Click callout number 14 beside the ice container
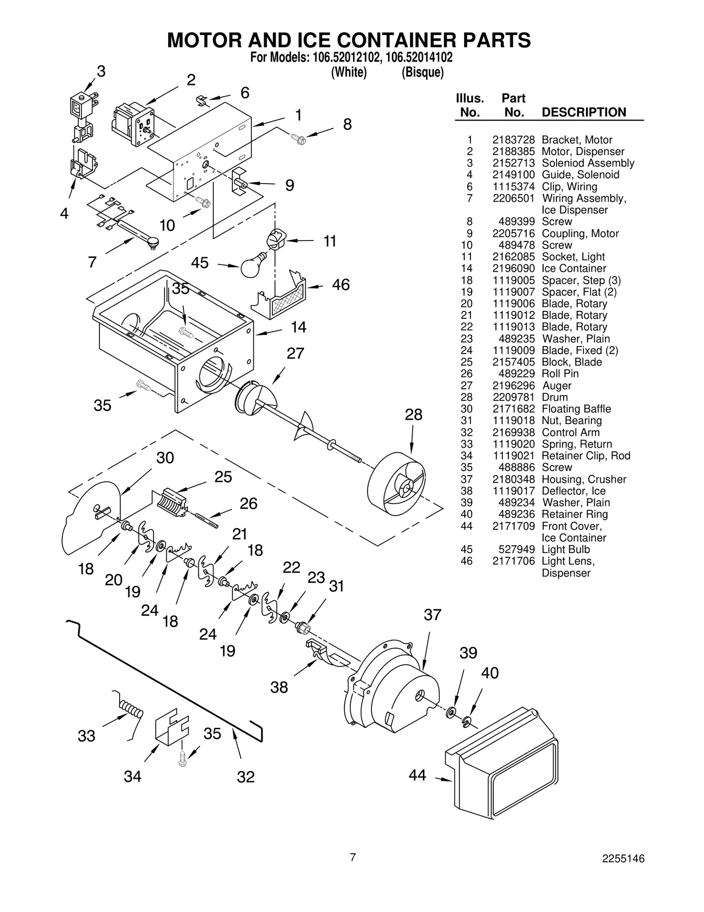tap(298, 327)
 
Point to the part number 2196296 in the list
tap(513, 385)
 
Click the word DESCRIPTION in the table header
tap(583, 112)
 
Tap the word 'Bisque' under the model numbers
tap(422, 73)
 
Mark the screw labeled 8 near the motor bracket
tap(299, 139)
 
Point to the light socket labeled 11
tap(276, 240)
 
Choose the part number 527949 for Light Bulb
tap(517, 549)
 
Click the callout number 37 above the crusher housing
tap(432, 615)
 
